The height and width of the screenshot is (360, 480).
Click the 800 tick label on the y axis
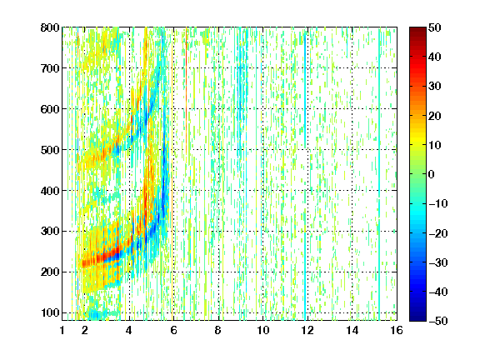(50, 27)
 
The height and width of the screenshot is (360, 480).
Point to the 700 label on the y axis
(50, 68)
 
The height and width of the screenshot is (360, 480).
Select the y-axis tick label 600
(50, 109)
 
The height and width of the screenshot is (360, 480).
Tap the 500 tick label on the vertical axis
(50, 150)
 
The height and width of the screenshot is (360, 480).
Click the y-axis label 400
(50, 191)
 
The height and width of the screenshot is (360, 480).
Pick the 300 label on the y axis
(50, 232)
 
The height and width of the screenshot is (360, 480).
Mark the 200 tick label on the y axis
(50, 272)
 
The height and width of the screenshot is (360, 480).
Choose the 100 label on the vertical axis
(50, 313)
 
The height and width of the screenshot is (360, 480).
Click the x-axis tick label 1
(62, 330)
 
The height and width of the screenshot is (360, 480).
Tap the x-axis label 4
(129, 330)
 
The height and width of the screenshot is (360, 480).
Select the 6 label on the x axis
(173, 330)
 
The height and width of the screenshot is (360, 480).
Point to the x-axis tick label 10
(263, 330)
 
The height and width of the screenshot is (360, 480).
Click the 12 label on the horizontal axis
(307, 330)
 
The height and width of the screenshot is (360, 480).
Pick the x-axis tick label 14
(352, 330)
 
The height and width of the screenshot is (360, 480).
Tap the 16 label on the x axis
(397, 330)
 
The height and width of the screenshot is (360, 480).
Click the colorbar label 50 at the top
(434, 27)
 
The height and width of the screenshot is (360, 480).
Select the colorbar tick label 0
(431, 174)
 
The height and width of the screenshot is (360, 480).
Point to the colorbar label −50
(438, 321)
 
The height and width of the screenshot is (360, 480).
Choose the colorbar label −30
(438, 262)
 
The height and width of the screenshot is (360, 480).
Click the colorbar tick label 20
(434, 116)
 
